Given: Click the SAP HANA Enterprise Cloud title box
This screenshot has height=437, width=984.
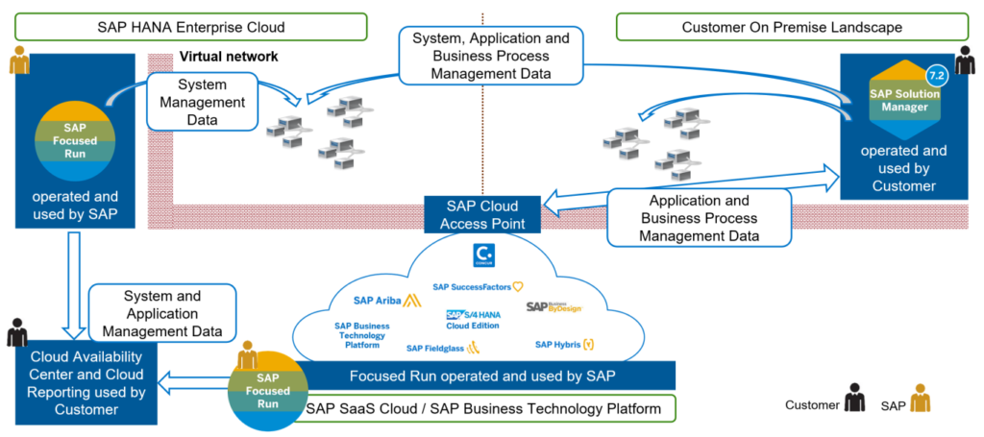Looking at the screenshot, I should (x=191, y=27).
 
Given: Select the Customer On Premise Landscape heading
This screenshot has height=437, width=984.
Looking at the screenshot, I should (x=792, y=27).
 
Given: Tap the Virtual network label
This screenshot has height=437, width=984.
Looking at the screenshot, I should (x=229, y=57).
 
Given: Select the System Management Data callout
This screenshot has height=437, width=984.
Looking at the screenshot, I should (x=203, y=101).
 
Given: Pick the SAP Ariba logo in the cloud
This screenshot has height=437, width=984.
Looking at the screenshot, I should (x=383, y=300).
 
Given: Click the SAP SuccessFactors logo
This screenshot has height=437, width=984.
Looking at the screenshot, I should (x=478, y=286).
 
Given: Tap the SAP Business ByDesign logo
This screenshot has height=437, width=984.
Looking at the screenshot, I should (x=553, y=306).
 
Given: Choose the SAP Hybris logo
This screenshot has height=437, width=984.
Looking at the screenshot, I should (x=564, y=344).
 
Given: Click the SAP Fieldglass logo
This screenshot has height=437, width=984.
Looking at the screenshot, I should (x=443, y=348).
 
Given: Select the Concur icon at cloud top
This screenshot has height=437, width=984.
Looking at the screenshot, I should (x=484, y=255).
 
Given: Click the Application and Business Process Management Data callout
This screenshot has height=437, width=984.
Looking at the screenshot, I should (x=699, y=217).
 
